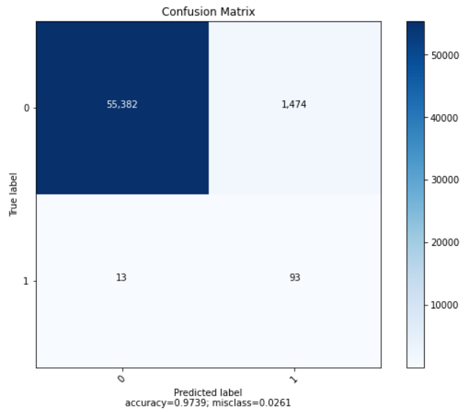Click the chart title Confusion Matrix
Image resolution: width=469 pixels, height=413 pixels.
208,11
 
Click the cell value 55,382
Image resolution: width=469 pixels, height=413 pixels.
121,105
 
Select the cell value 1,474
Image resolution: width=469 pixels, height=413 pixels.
293,105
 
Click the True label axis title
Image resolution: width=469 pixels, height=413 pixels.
13,194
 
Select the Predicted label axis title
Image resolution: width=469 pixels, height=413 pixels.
208,392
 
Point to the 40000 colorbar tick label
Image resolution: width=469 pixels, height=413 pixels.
444,117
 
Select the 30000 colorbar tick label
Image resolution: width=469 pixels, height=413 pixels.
444,180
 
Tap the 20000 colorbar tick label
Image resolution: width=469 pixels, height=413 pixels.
444,242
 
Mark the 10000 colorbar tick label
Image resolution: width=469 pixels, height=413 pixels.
444,305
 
